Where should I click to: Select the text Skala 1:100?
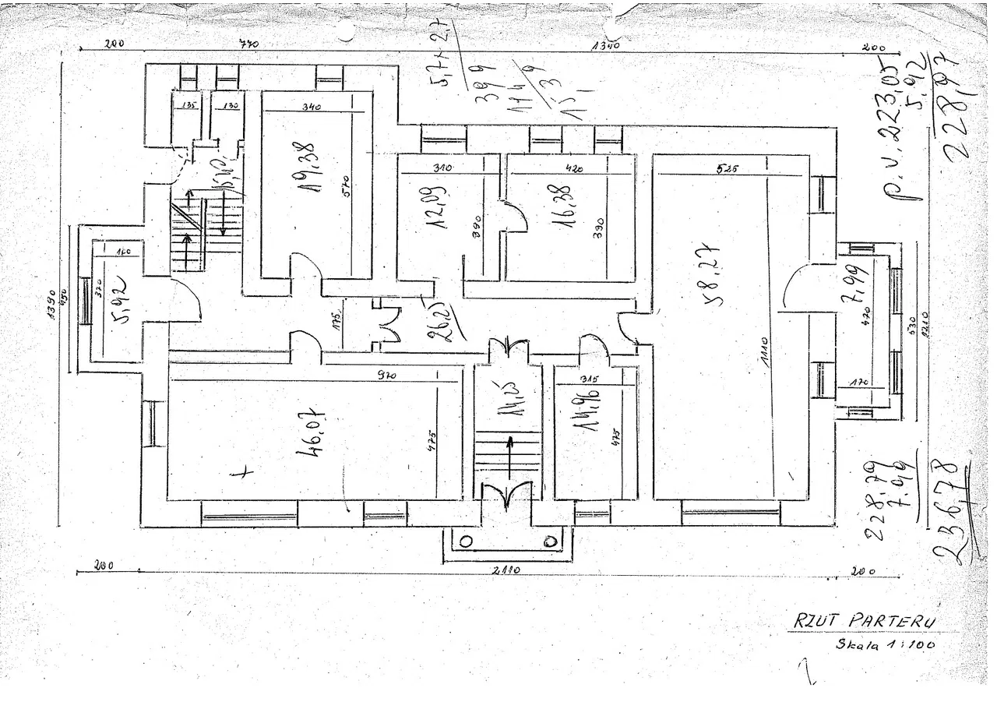click(885, 644)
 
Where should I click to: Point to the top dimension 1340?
click(605, 46)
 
